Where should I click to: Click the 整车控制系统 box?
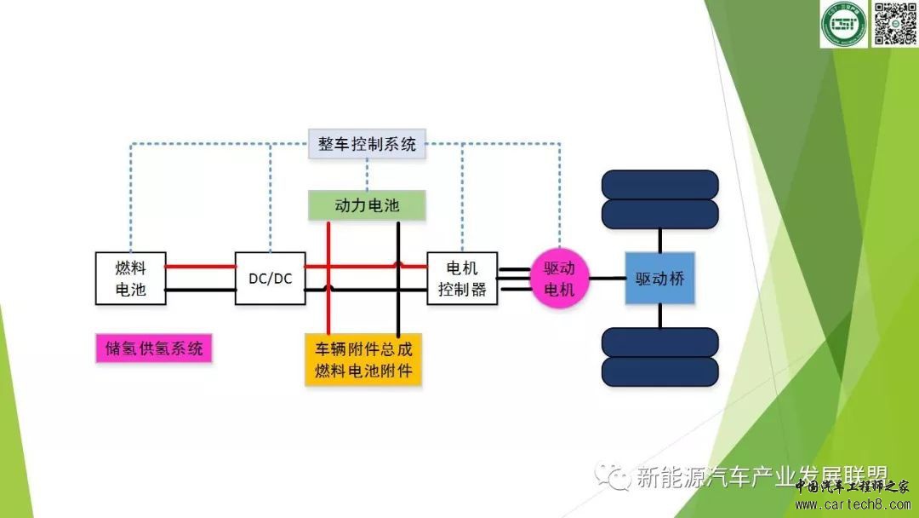pos(368,143)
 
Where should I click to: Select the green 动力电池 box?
pos(367,205)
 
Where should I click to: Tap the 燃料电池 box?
pos(130,278)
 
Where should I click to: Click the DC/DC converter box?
pos(270,278)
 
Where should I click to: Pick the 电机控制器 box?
pos(462,278)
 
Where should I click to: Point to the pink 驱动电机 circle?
pos(559,278)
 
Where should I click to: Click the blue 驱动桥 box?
pos(660,278)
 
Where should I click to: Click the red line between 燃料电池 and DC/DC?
pos(200,267)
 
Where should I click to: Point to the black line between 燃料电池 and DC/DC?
pos(200,290)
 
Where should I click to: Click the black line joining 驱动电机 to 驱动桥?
pos(607,278)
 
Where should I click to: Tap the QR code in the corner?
pos(893,24)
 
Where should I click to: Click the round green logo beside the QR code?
pos(842,24)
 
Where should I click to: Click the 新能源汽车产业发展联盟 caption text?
pos(762,477)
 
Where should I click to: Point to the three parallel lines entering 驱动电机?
pos(514,279)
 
